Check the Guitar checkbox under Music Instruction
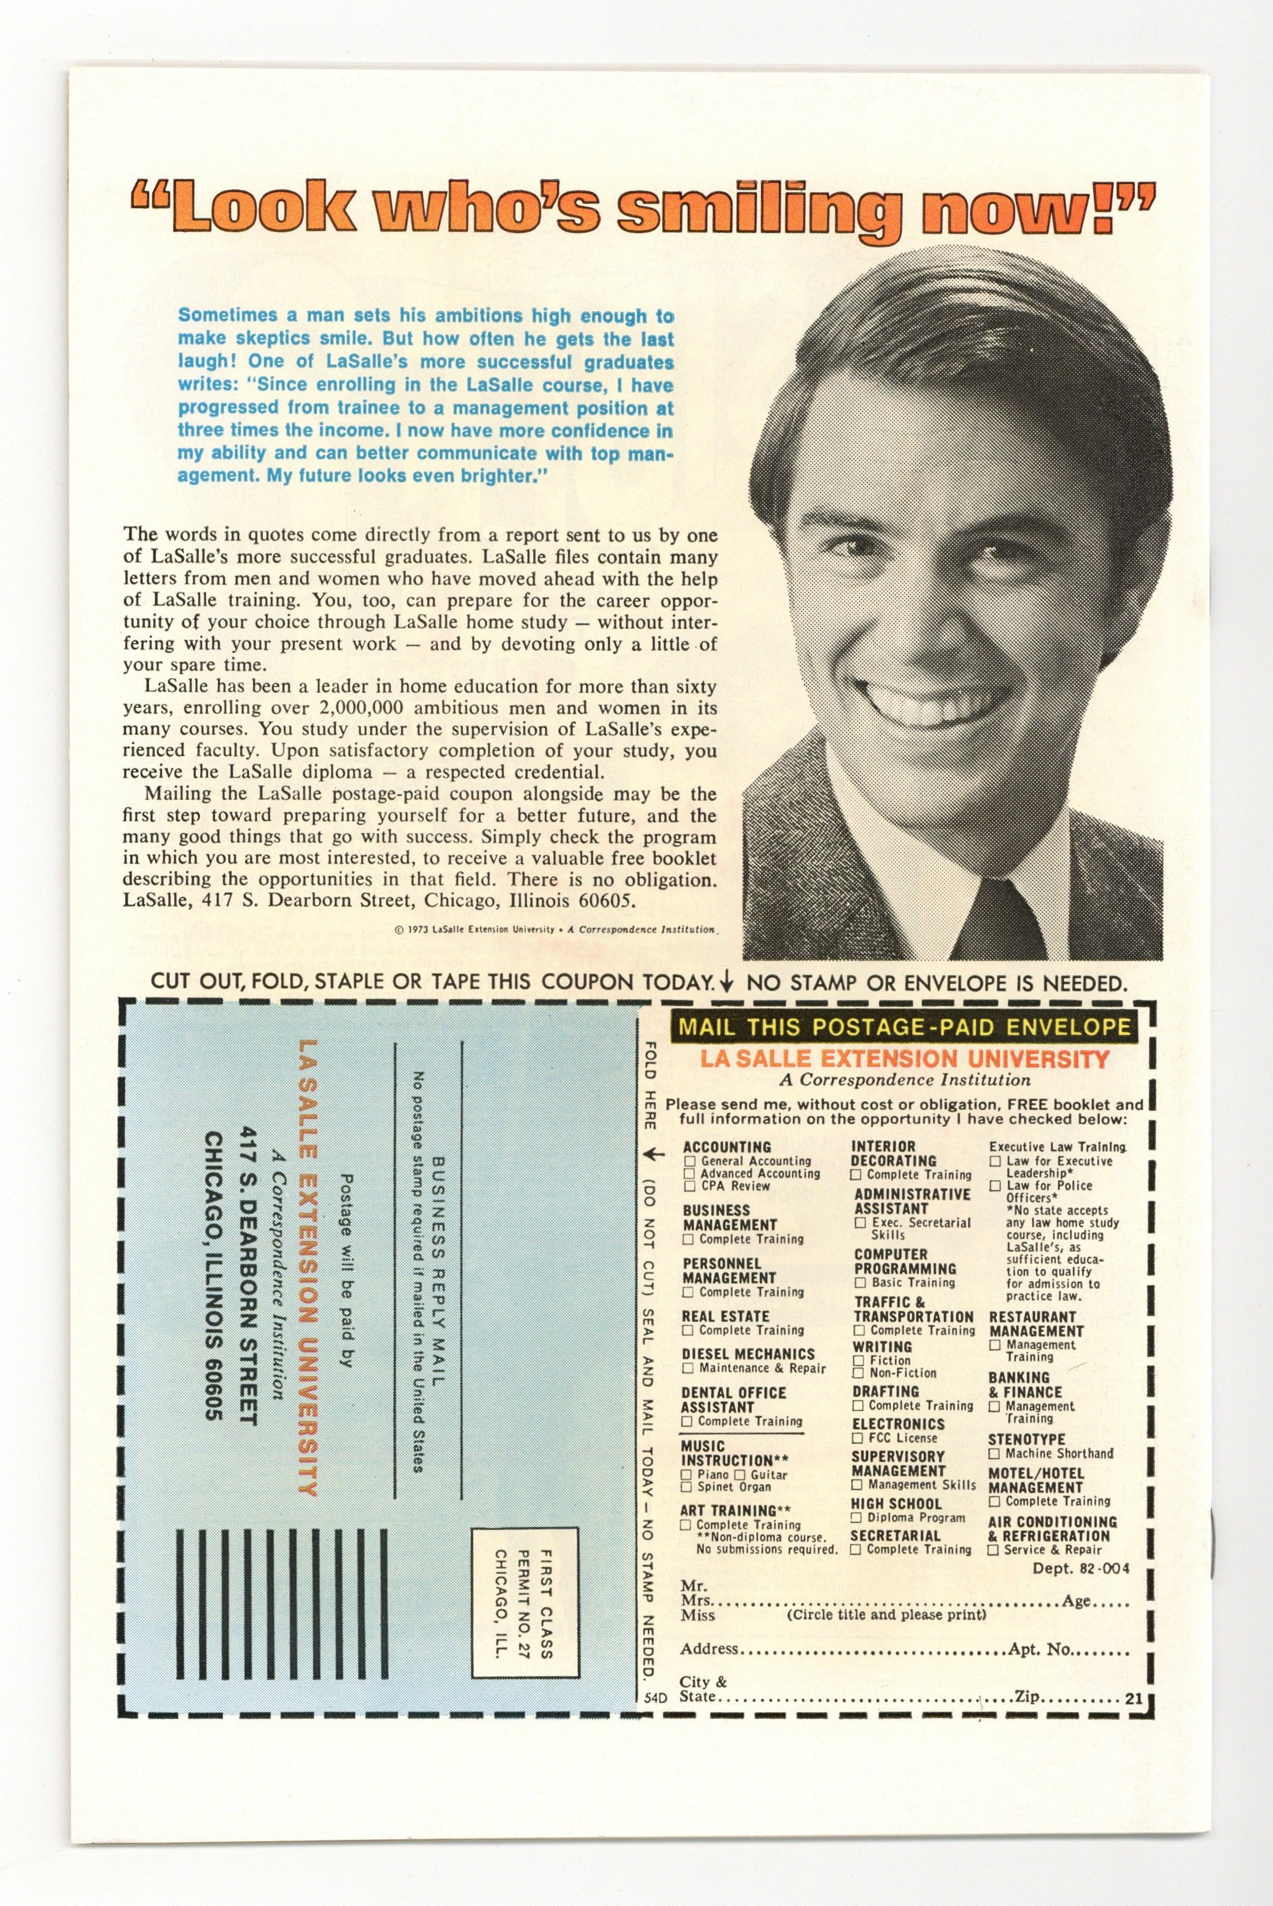[740, 1474]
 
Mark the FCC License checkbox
[858, 1438]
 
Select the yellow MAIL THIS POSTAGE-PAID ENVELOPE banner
[903, 1026]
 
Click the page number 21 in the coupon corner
[1133, 1697]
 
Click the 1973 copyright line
[555, 929]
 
